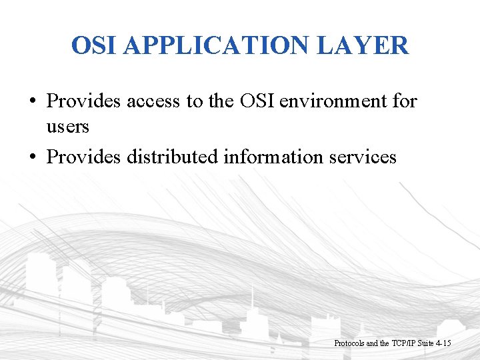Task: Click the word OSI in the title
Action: click(x=95, y=46)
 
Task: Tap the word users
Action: click(x=67, y=126)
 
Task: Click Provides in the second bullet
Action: click(x=83, y=157)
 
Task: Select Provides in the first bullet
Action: click(x=83, y=101)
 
